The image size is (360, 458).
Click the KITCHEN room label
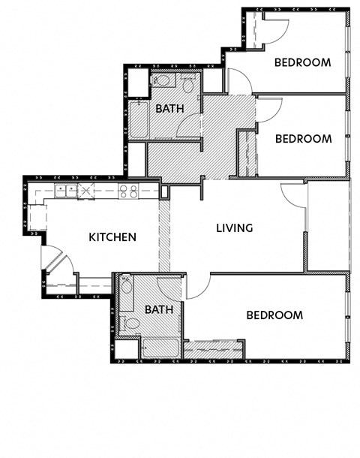click(112, 237)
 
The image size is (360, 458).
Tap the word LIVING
click(234, 228)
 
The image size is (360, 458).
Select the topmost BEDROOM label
click(302, 63)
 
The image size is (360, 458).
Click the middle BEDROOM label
click(303, 139)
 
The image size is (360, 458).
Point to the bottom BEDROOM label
click(274, 315)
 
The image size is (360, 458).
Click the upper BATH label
click(170, 109)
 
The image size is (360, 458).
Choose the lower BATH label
click(159, 309)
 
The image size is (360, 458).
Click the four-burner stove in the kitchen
click(128, 191)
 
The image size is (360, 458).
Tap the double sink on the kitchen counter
click(66, 191)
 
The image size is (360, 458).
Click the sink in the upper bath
click(161, 80)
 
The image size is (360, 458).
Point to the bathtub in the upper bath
click(138, 120)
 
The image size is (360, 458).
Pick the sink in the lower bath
click(126, 285)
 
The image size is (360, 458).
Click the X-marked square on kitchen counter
click(88, 191)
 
